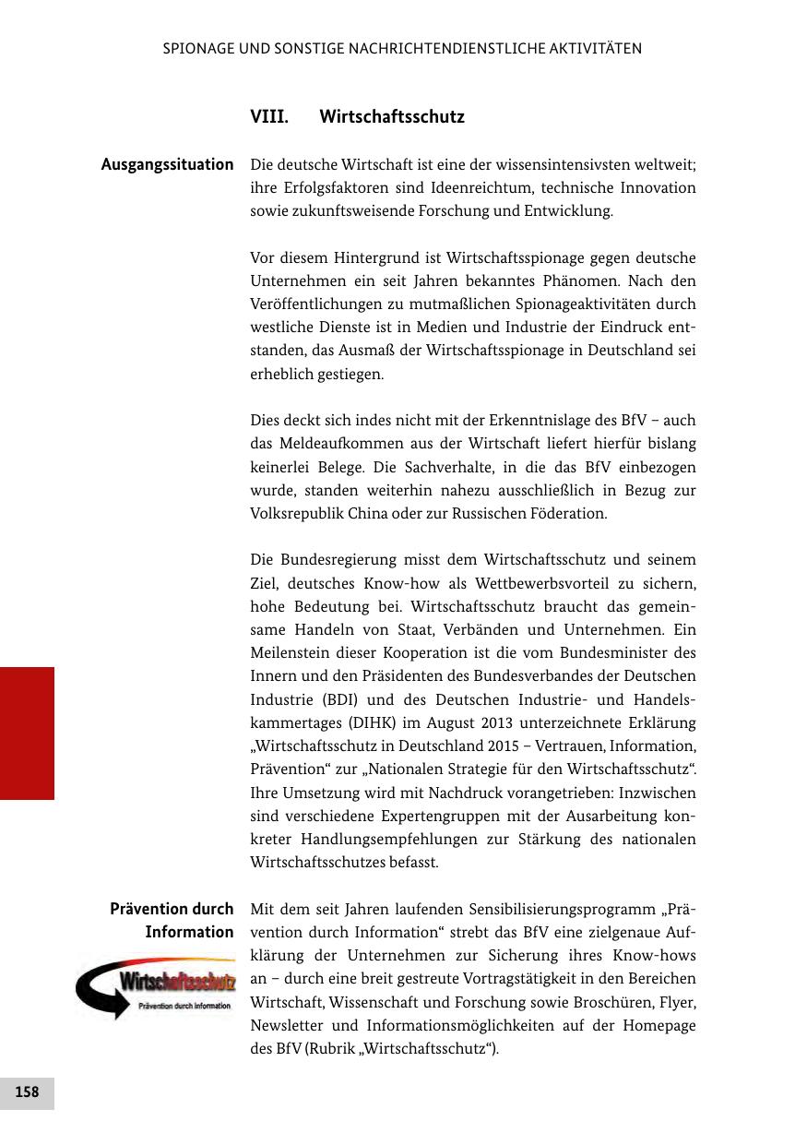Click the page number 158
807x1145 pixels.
click(27, 1092)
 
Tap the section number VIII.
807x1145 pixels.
click(269, 118)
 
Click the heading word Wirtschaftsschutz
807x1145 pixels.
click(392, 118)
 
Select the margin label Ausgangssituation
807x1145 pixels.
click(168, 164)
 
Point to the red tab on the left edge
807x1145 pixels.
click(27, 733)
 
